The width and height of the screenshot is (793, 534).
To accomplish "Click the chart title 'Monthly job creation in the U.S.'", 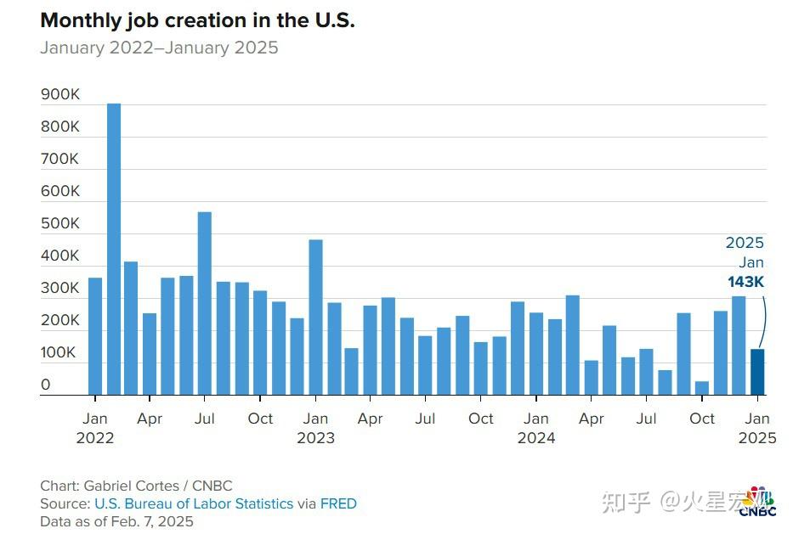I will click(197, 21).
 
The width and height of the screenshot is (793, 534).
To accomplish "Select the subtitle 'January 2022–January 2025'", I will click(159, 48).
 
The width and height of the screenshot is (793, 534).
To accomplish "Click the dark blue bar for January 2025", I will click(757, 372).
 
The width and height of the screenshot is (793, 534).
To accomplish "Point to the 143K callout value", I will click(745, 283).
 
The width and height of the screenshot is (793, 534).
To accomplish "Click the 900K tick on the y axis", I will click(60, 95).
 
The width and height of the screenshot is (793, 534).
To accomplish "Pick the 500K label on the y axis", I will click(60, 224).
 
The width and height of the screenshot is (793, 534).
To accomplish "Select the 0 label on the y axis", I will click(46, 385).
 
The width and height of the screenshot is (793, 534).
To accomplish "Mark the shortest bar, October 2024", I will click(702, 388).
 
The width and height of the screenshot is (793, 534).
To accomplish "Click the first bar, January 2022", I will click(95, 336).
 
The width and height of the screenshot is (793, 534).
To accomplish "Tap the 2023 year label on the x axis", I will click(315, 439).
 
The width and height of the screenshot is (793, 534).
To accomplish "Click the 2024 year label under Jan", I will click(536, 439).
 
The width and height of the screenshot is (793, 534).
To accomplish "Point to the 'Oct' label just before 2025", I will click(702, 419).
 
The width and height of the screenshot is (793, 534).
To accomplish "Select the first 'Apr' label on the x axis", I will click(150, 419).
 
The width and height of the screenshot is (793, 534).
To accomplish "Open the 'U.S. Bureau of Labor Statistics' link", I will click(194, 504).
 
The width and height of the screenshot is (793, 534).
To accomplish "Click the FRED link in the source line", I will click(338, 504).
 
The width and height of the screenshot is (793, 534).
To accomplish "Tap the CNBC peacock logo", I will click(756, 501).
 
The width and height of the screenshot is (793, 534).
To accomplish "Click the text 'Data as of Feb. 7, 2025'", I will click(116, 521).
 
